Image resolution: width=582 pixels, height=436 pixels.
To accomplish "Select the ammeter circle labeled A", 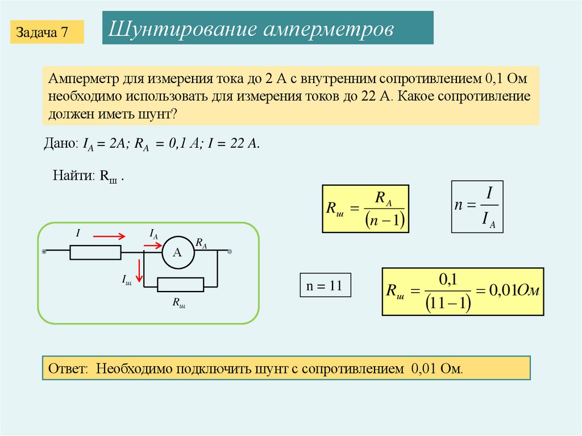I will (x=177, y=252).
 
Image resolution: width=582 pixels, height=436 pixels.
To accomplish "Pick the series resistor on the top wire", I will (x=95, y=252).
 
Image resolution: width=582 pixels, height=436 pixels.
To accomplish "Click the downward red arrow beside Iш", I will (x=139, y=272).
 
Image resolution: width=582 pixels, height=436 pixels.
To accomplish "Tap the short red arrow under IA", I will (x=152, y=245).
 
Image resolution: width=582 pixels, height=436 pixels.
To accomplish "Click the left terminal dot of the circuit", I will (x=43, y=250).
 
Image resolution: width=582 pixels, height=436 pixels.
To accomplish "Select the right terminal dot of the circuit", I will (x=230, y=251).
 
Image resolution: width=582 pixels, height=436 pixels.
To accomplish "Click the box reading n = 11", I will (x=325, y=286).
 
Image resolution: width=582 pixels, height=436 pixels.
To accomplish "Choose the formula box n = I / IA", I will (x=477, y=207).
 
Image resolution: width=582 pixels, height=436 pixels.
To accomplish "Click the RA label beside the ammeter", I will (x=201, y=243).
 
